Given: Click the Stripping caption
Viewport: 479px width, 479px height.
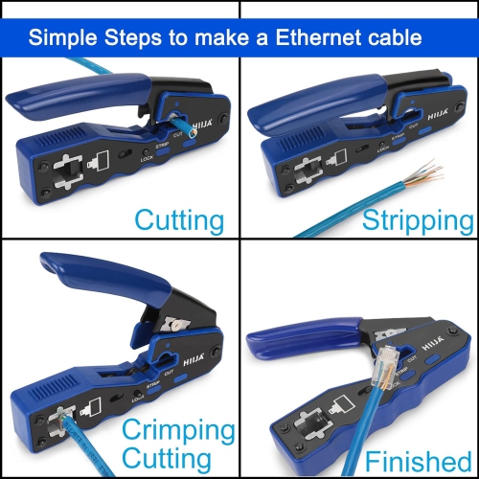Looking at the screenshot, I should tap(418, 221).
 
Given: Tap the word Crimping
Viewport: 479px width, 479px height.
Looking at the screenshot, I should tap(179, 427).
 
